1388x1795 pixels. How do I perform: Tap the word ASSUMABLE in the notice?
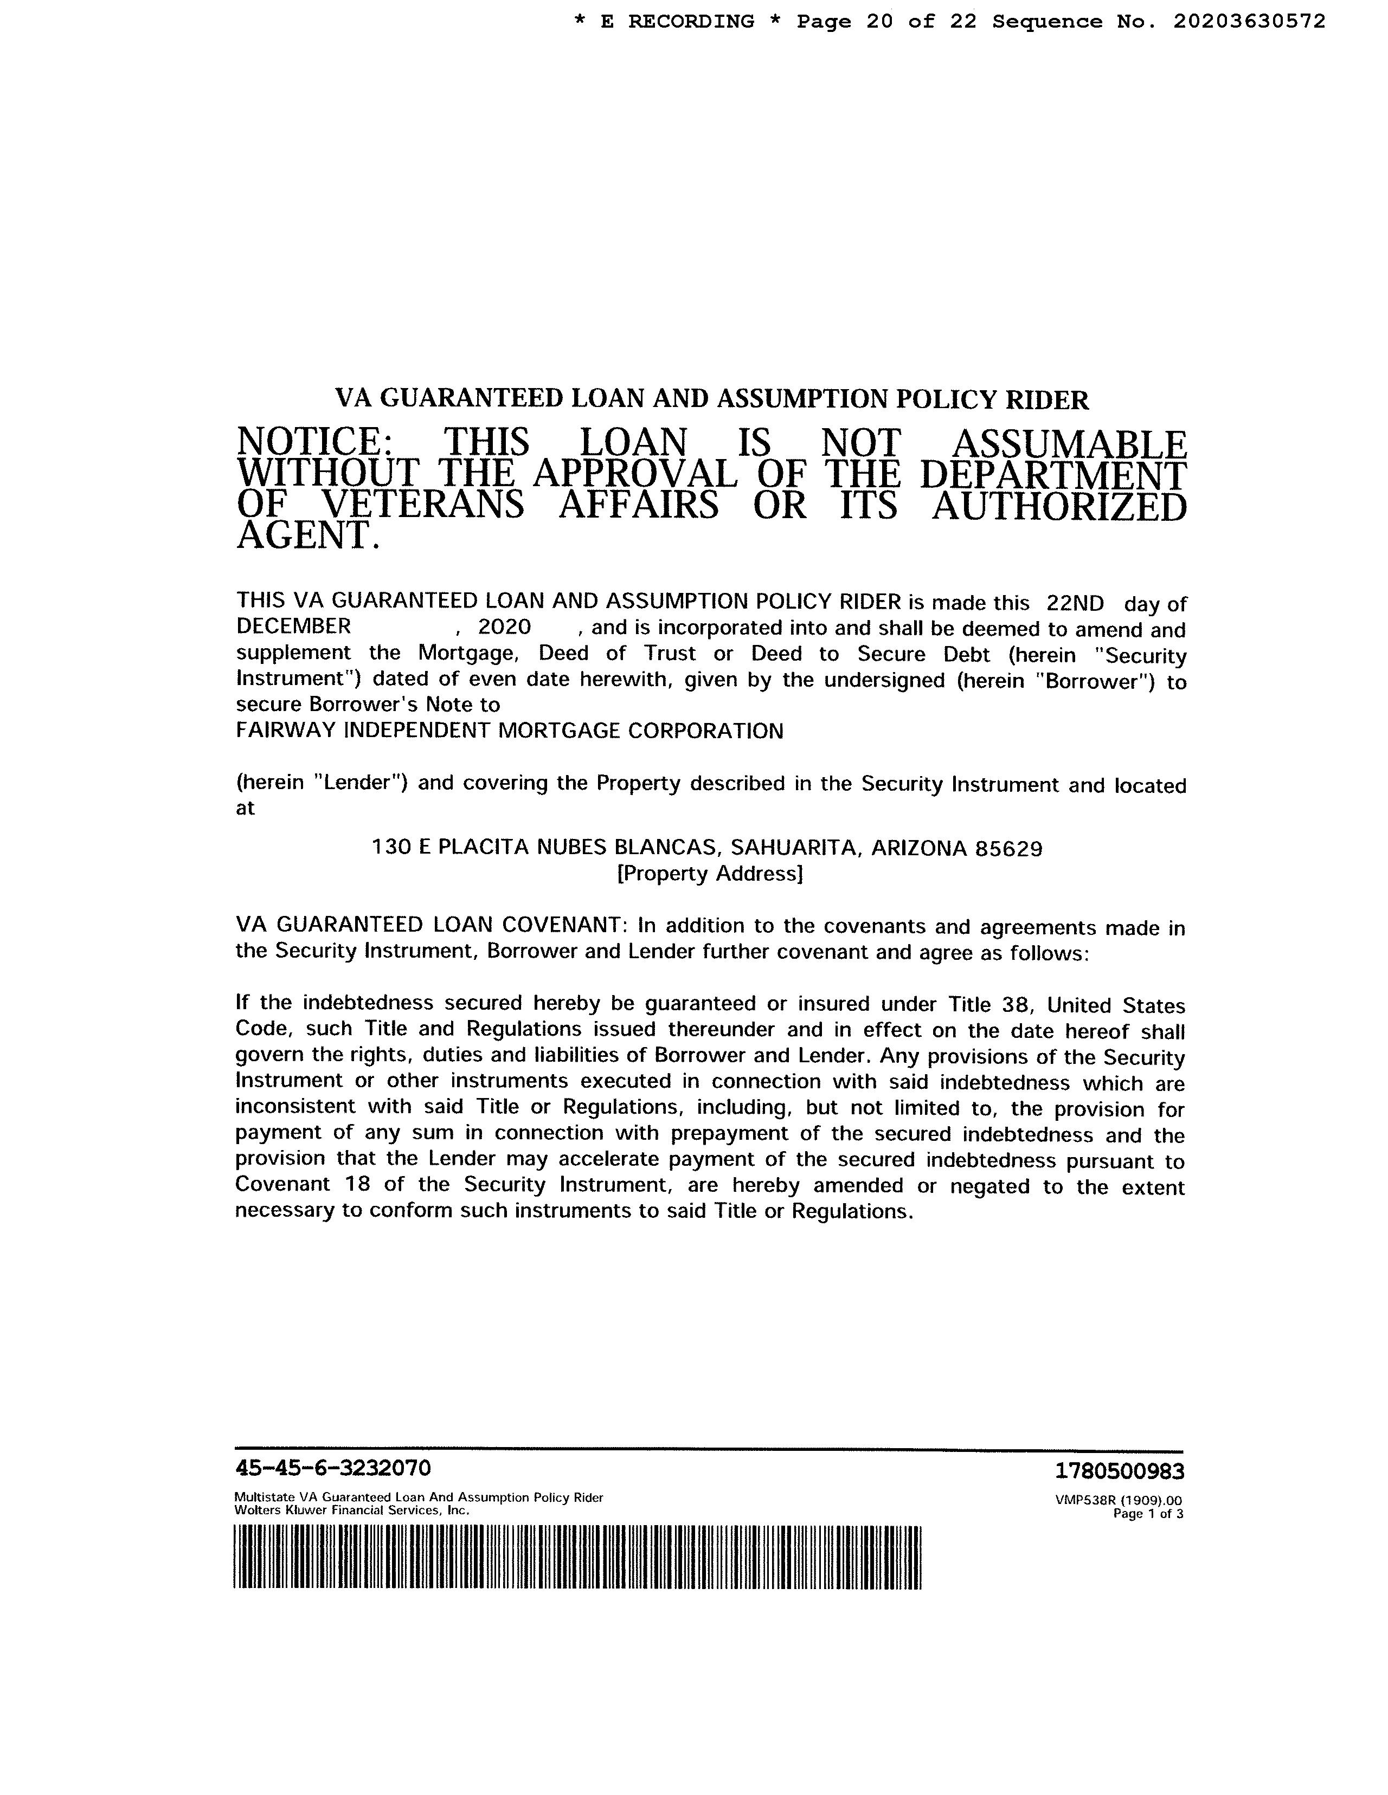(1068, 444)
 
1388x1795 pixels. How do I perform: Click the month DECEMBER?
(293, 627)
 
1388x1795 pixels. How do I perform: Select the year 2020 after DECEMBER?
(504, 627)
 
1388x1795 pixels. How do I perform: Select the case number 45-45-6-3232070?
(333, 1468)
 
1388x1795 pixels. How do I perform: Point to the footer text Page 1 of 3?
(1147, 1513)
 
